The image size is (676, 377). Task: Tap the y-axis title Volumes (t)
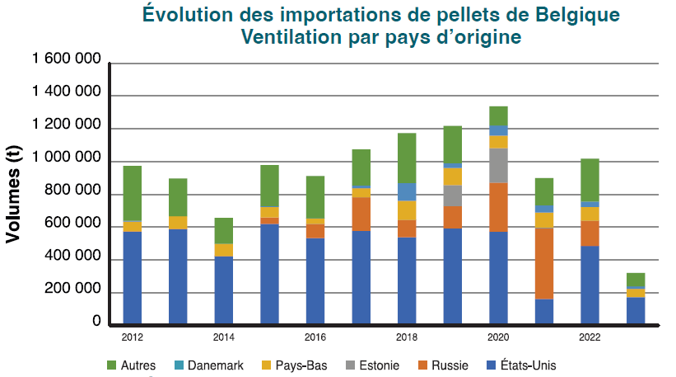click(x=14, y=193)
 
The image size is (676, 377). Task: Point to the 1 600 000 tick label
click(x=68, y=61)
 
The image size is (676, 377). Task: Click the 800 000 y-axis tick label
click(x=74, y=193)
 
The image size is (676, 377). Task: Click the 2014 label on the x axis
click(x=223, y=337)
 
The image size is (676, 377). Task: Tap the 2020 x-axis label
click(x=498, y=337)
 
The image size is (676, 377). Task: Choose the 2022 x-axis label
click(x=590, y=337)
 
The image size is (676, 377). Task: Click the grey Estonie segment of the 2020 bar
click(x=498, y=165)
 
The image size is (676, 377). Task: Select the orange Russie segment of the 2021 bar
click(x=544, y=263)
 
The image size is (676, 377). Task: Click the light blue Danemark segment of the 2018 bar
click(x=407, y=191)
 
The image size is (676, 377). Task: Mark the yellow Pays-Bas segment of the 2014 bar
click(x=223, y=250)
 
